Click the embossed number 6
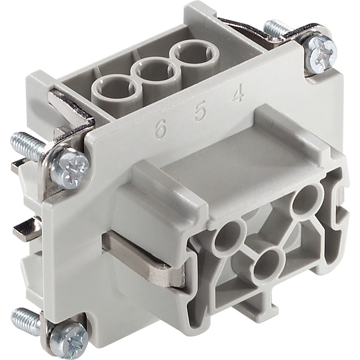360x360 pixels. tap(160, 129)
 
